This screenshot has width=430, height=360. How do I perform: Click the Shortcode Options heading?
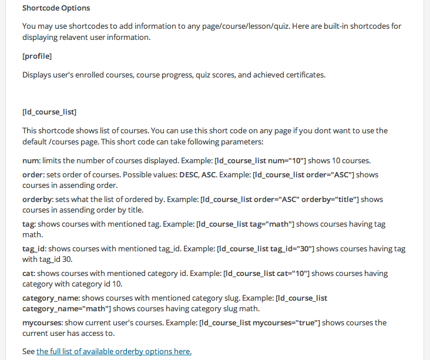point(56,8)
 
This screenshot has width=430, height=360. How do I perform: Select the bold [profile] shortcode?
point(37,56)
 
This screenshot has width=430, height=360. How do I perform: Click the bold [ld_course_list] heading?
point(49,112)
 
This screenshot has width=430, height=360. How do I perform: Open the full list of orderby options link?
point(114,351)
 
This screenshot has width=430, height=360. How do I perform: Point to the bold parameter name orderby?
point(38,199)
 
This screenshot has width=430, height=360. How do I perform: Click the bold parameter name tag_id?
point(34,248)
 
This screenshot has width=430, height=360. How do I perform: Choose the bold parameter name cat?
point(28,274)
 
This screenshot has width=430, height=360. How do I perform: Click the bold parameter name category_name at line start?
point(51,298)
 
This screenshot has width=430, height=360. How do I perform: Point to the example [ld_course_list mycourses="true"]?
point(260,323)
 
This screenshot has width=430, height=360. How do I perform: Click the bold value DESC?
point(188,174)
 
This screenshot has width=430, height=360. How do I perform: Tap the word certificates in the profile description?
point(303,75)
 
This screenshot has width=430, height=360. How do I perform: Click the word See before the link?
point(28,351)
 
